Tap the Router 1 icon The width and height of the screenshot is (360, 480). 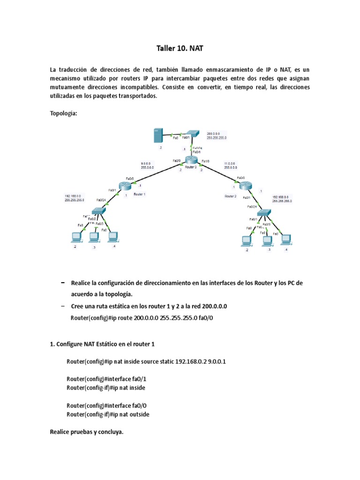coord(125,186)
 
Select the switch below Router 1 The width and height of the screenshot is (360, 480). coord(99,211)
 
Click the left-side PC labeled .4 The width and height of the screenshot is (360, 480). coord(112,237)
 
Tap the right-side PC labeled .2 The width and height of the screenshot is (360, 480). coord(246,241)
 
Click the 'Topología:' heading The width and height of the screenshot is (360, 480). coord(63,113)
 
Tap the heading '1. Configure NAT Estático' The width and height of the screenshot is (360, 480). coord(102,344)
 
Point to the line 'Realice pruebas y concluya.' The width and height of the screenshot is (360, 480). coord(86,432)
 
